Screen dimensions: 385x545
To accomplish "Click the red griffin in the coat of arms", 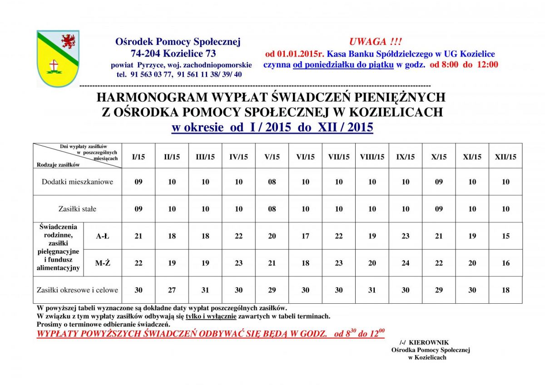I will [69, 42].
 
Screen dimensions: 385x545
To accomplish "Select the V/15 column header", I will [272, 157].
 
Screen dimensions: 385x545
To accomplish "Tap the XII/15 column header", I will [505, 157].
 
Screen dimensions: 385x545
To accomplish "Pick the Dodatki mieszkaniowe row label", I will [77, 182].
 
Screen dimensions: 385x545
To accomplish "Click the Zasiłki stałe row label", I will [77, 209].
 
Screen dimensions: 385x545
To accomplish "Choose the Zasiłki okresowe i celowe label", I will [77, 290].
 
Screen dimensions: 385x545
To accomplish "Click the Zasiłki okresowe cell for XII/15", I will [505, 290].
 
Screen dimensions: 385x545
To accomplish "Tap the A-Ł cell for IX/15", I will [406, 236].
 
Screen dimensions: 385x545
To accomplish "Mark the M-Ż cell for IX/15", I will [406, 263].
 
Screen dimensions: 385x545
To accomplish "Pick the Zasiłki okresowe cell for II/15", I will [172, 290].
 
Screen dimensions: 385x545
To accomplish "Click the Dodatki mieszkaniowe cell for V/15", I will [272, 182].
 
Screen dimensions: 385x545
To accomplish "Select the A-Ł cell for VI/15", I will [306, 236].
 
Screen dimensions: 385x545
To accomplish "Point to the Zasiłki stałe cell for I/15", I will [139, 209].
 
